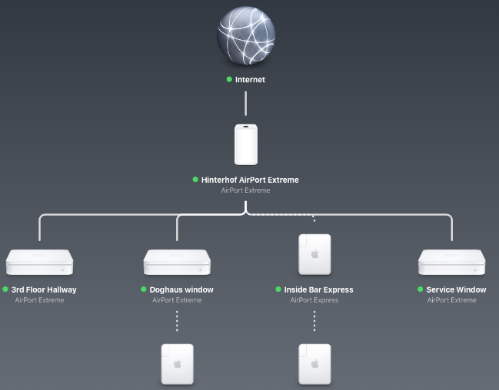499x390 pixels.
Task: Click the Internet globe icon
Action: (x=245, y=34)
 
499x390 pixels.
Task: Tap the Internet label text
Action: (x=250, y=79)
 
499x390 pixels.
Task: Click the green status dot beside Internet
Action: (x=229, y=79)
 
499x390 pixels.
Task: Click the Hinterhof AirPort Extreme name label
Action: (x=250, y=180)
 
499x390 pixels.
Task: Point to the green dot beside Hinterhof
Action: (x=195, y=180)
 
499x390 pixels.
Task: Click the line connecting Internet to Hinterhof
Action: (x=245, y=103)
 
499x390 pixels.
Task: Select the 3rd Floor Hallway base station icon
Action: (x=39, y=262)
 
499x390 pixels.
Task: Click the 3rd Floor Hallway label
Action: (x=44, y=289)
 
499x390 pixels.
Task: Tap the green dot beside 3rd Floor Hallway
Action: (x=5, y=289)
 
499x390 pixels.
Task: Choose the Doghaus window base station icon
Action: (x=177, y=262)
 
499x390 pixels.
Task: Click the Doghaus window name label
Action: (x=181, y=289)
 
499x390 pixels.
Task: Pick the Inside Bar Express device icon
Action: (x=314, y=254)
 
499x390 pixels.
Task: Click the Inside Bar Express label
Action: (x=318, y=289)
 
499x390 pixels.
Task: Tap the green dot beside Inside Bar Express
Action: (x=278, y=289)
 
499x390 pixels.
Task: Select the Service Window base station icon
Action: (x=452, y=262)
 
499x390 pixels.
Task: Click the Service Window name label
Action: (x=456, y=289)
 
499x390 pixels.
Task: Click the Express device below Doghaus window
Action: (x=177, y=364)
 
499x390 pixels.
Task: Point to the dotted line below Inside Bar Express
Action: (x=314, y=321)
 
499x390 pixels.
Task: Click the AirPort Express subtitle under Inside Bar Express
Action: (x=314, y=300)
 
